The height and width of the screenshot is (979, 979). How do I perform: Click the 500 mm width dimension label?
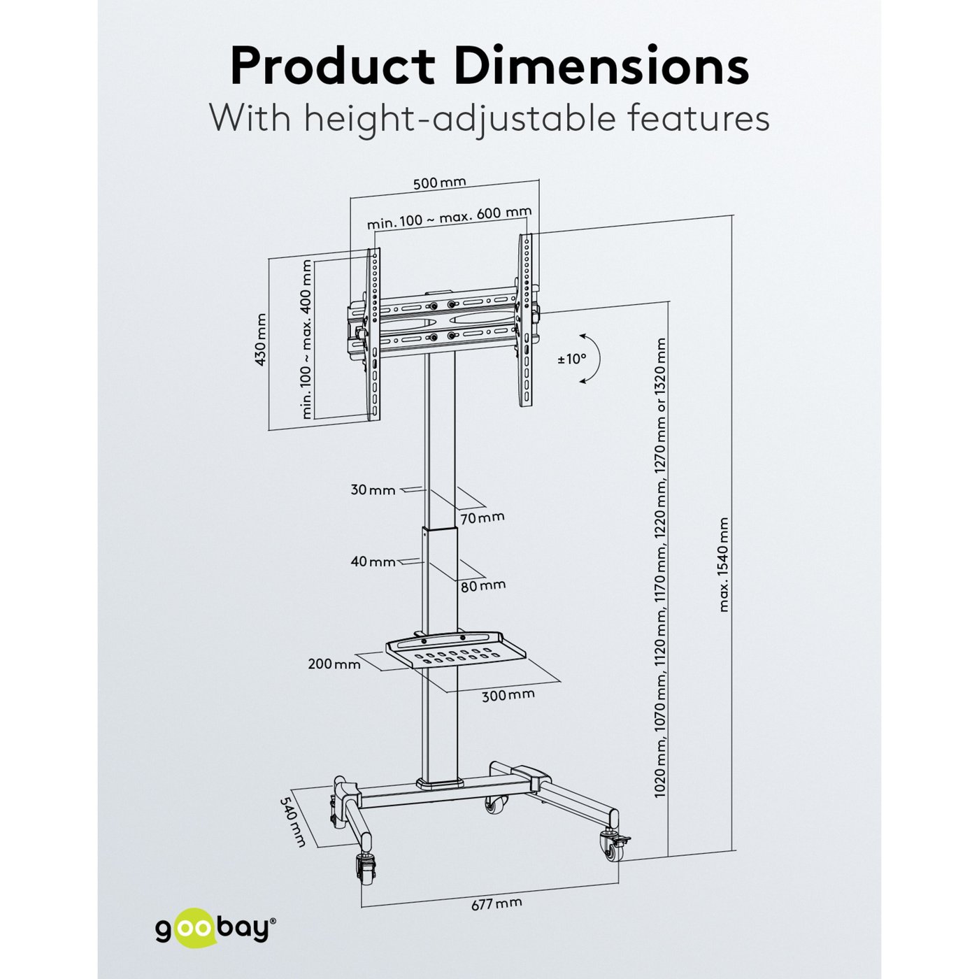439,183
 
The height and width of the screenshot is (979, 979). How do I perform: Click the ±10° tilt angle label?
571,359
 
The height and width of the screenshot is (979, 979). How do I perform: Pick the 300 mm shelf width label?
508,694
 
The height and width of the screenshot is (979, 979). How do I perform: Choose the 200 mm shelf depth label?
334,664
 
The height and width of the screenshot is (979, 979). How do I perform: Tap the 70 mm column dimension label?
483,517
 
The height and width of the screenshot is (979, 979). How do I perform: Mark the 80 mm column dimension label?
483,585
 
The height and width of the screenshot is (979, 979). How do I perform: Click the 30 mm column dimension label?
373,489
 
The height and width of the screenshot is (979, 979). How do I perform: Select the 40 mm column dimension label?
373,561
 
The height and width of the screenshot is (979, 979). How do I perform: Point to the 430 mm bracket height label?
262,339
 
